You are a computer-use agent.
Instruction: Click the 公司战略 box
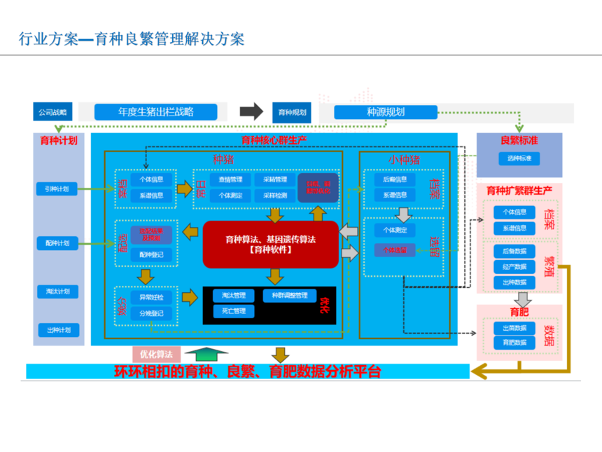[52, 111]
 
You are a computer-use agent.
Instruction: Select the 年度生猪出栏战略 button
[155, 111]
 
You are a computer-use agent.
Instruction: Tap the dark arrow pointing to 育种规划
[251, 111]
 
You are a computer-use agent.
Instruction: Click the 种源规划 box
[385, 111]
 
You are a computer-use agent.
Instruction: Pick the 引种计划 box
[57, 189]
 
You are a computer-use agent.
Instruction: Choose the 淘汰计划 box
[57, 292]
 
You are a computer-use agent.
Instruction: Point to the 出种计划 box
[58, 330]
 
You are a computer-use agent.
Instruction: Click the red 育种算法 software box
[270, 245]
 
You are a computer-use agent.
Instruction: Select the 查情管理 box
[230, 179]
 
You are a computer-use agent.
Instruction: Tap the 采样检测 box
[274, 196]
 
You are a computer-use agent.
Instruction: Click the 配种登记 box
[150, 254]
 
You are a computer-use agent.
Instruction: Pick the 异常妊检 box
[150, 297]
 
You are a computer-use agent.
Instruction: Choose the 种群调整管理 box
[289, 296]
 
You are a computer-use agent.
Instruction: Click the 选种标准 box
[519, 158]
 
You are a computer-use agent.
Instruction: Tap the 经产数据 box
[514, 266]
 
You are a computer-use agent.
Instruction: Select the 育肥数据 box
[514, 343]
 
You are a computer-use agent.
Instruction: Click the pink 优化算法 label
[156, 354]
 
